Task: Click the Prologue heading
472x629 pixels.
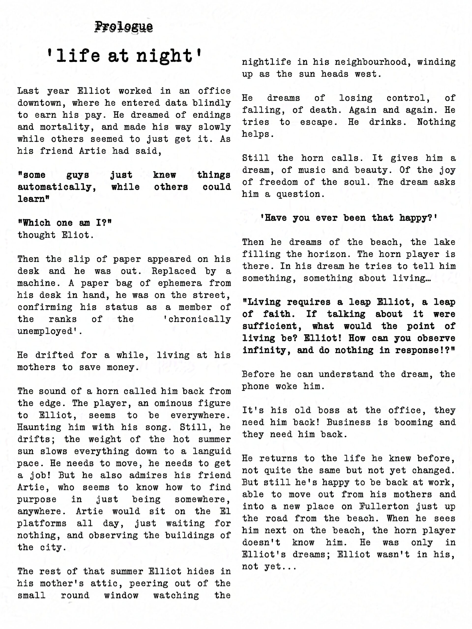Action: (124, 27)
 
